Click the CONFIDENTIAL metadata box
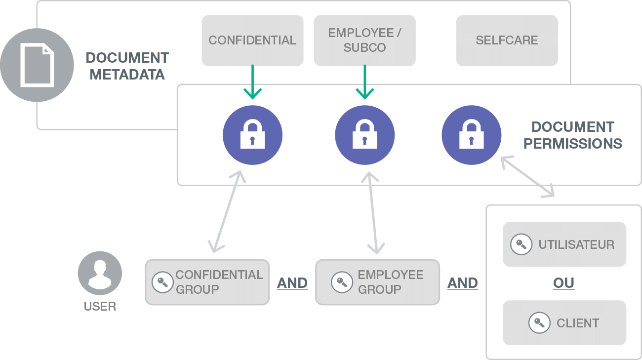click(252, 40)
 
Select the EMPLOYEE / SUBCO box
click(364, 40)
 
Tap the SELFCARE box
click(507, 40)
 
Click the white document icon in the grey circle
click(37, 65)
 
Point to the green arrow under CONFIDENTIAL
click(252, 82)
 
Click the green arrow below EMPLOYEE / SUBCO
click(365, 82)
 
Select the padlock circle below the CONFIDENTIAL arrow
click(252, 135)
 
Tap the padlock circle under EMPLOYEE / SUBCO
click(365, 135)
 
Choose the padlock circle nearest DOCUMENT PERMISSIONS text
click(472, 135)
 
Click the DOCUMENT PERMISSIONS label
click(573, 135)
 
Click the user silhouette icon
click(100, 274)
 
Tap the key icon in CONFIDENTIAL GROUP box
click(162, 282)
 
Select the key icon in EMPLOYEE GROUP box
click(342, 282)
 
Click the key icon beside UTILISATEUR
click(521, 244)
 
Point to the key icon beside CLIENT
click(539, 323)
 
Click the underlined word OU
click(564, 283)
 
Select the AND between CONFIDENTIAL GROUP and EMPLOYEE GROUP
click(292, 283)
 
